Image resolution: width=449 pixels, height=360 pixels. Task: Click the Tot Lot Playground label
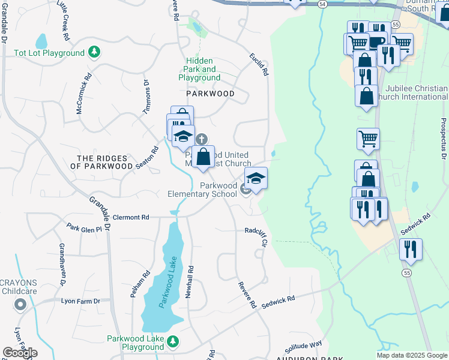click(49, 53)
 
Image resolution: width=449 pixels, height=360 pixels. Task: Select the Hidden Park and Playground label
click(199, 70)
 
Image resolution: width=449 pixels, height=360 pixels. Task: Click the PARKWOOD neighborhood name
click(209, 94)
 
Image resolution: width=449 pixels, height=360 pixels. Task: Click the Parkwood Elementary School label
click(202, 190)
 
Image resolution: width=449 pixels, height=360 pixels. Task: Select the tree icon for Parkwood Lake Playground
click(173, 341)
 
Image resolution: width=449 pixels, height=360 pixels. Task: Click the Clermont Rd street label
click(130, 217)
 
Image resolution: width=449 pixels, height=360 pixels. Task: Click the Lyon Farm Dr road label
click(80, 301)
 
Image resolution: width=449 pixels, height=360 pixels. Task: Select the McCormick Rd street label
click(83, 95)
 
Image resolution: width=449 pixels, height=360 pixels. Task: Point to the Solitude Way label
click(303, 346)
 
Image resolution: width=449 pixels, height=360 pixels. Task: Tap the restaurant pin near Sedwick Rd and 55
click(411, 248)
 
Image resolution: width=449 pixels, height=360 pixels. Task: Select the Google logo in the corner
click(20, 353)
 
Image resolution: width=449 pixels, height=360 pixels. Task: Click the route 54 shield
click(323, 4)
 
